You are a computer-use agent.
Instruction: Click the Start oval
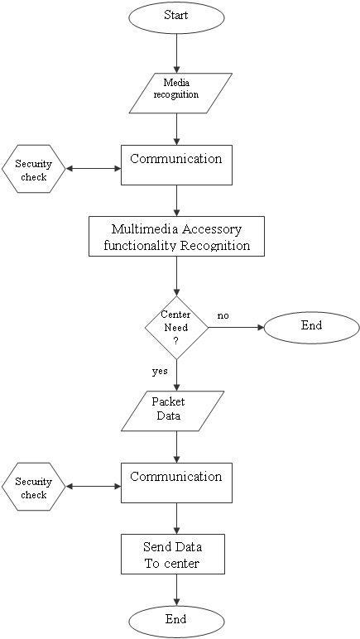pyautogui.click(x=177, y=17)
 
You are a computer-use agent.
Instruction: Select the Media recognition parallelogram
pyautogui.click(x=180, y=93)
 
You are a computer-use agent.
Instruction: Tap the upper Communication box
pyautogui.click(x=177, y=165)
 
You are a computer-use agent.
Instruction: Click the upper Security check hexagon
pyautogui.click(x=33, y=169)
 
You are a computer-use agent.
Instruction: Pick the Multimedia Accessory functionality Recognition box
pyautogui.click(x=177, y=237)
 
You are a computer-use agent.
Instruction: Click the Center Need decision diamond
pyautogui.click(x=177, y=328)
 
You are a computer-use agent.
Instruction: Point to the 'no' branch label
pyautogui.click(x=223, y=316)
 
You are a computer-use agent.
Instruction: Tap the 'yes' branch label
pyautogui.click(x=159, y=372)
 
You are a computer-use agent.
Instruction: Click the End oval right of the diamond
pyautogui.click(x=312, y=328)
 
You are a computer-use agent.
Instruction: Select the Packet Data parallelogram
pyautogui.click(x=173, y=411)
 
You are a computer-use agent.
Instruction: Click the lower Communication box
pyautogui.click(x=177, y=483)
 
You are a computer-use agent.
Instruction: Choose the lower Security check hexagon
pyautogui.click(x=33, y=487)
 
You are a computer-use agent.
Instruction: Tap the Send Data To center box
pyautogui.click(x=173, y=555)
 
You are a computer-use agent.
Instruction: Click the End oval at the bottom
pyautogui.click(x=177, y=622)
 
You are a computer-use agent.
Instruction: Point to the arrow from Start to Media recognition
pyautogui.click(x=177, y=53)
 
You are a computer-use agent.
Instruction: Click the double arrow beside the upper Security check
pyautogui.click(x=94, y=169)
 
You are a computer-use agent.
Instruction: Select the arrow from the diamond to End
pyautogui.click(x=236, y=328)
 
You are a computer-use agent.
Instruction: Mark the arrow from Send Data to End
pyautogui.click(x=177, y=590)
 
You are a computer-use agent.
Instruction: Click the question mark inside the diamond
pyautogui.click(x=176, y=341)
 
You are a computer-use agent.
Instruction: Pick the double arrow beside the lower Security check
pyautogui.click(x=94, y=487)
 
